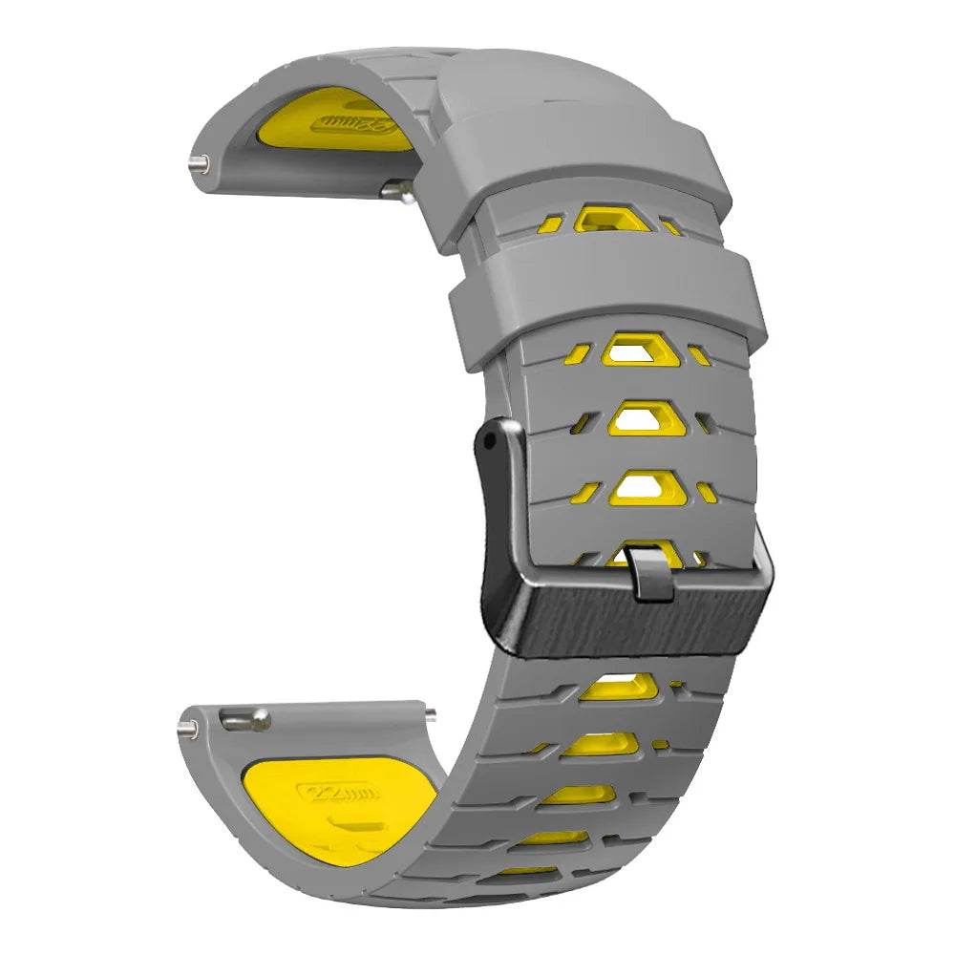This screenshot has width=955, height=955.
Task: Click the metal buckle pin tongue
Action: (x=650, y=571)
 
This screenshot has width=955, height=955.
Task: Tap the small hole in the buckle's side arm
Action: (x=489, y=443)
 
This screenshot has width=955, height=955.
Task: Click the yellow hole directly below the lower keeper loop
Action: (x=634, y=350)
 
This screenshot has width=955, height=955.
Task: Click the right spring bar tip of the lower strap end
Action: (x=431, y=712)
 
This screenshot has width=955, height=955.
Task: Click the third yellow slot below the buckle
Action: (x=579, y=795)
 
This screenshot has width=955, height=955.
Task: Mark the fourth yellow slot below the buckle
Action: (x=558, y=838)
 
